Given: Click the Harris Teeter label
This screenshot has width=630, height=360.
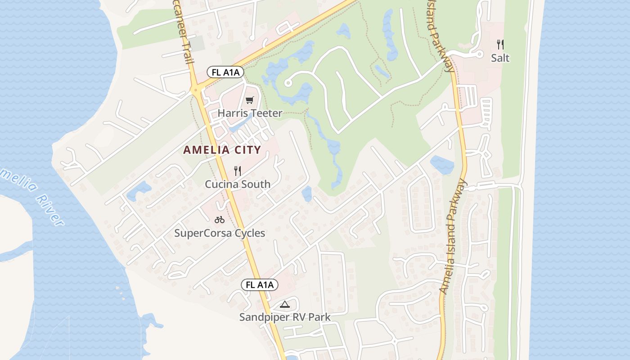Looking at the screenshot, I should (250, 113).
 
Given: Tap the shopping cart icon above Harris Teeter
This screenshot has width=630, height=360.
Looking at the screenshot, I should (249, 100).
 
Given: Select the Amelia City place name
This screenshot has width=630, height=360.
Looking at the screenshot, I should (222, 150).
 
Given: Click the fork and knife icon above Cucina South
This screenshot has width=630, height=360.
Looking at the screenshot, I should (238, 171).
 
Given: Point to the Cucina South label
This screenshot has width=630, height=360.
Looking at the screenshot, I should (238, 184).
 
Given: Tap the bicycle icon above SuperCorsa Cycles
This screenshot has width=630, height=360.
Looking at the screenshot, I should (220, 220).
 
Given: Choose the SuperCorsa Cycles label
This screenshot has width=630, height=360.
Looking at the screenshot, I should (220, 233).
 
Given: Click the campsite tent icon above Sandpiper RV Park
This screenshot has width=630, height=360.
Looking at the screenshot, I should (284, 305).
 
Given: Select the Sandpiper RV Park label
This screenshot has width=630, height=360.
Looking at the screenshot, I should (284, 317).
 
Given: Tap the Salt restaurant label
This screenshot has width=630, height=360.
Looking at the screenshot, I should (500, 58).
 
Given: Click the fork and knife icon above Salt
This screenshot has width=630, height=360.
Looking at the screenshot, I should (500, 44).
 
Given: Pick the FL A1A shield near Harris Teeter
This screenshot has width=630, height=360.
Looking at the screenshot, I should (225, 72).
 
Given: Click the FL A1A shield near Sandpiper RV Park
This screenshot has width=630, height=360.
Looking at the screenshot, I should (260, 284).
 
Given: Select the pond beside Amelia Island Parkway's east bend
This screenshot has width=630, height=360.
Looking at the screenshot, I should (441, 164).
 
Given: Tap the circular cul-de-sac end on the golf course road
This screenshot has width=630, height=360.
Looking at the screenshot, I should (288, 83).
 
